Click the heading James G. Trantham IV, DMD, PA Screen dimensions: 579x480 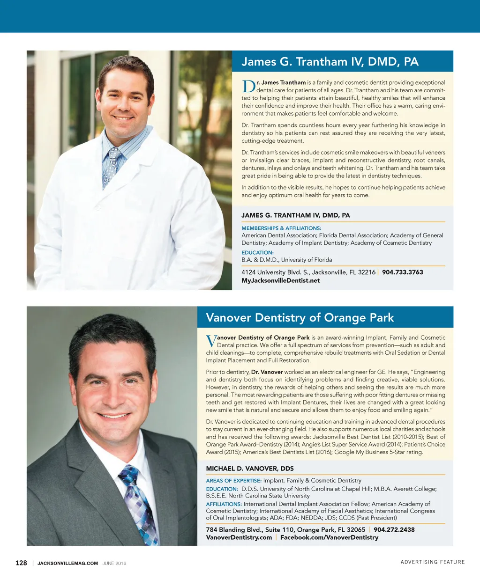pos(330,62)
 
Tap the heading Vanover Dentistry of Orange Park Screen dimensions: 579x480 pos(300,317)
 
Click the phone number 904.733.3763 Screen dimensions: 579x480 pos(402,272)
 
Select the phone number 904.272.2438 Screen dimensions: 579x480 pos(394,529)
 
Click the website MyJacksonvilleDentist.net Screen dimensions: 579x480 pos(280,280)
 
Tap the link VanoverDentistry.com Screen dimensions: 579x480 pos(239,537)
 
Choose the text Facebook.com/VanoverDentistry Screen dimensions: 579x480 pos(329,537)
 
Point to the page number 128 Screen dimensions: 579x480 pos(21,563)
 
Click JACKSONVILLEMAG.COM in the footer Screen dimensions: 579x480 pos(67,563)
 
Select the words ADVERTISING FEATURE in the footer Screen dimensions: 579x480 pos(432,562)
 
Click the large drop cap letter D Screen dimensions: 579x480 pos(248,87)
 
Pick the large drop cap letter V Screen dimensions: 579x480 pos(211,341)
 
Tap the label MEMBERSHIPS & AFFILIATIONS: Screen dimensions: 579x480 pos(281,228)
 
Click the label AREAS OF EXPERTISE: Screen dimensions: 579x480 pos(233,480)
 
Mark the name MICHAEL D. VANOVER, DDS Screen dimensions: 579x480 pos(250,469)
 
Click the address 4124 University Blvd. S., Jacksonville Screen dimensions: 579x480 pos(308,272)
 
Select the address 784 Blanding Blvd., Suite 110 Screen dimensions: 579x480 pos(285,529)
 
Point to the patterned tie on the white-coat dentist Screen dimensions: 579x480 pos(111,166)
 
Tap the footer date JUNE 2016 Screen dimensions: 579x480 pos(114,563)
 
